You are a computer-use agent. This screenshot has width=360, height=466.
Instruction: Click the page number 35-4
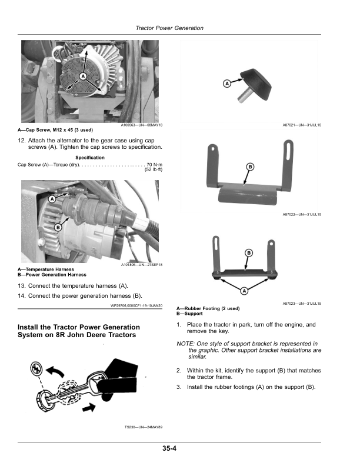pyautogui.click(x=169, y=448)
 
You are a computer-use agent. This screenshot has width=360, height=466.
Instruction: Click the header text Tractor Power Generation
pyautogui.click(x=169, y=28)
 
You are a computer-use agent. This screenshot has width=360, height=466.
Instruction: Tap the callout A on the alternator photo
pyautogui.click(x=83, y=76)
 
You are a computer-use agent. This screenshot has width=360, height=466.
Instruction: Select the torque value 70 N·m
pyautogui.click(x=155, y=165)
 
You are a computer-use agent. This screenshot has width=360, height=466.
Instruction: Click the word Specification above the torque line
pyautogui.click(x=89, y=158)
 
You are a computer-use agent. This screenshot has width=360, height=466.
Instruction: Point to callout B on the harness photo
pyautogui.click(x=58, y=227)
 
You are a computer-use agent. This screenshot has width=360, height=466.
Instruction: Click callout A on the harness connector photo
pyautogui.click(x=52, y=199)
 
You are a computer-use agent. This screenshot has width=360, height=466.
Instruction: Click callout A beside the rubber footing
pyautogui.click(x=227, y=84)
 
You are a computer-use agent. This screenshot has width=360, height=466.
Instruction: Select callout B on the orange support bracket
pyautogui.click(x=250, y=167)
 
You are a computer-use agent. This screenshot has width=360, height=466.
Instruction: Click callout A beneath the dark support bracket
pyautogui.click(x=244, y=291)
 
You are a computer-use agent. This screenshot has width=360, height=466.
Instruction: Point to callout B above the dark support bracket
pyautogui.click(x=249, y=253)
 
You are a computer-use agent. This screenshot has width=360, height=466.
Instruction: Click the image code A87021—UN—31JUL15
pyautogui.click(x=302, y=125)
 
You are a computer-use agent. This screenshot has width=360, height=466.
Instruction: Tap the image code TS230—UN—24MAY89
pyautogui.click(x=144, y=427)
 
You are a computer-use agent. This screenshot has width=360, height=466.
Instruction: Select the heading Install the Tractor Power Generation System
pyautogui.click(x=79, y=331)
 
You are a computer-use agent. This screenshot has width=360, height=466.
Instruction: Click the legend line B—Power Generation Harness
pyautogui.click(x=52, y=275)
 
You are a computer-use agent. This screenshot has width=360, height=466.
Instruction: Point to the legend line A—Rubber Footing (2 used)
pyautogui.click(x=208, y=308)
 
